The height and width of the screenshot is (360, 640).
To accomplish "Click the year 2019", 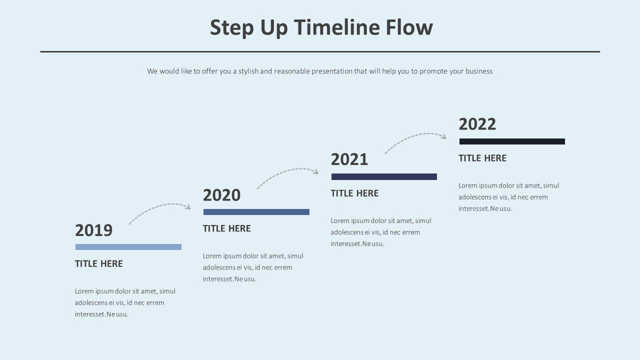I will [93, 230].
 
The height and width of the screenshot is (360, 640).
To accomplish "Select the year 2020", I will [221, 195].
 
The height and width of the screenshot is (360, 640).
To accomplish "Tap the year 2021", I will [349, 160].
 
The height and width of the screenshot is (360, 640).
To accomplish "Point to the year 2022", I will [477, 124].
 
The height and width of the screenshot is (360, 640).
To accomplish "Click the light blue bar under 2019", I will [128, 247].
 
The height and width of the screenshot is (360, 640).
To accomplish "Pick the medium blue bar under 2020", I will [256, 212].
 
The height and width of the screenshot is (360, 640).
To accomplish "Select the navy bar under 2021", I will [384, 176].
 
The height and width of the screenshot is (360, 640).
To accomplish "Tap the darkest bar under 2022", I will [512, 141].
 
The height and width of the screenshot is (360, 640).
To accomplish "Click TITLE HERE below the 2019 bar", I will [99, 264].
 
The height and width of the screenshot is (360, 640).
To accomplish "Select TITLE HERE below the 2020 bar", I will [227, 229].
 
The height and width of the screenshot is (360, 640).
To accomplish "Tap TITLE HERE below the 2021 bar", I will [354, 193].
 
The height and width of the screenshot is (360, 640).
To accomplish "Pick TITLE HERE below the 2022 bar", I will [482, 158].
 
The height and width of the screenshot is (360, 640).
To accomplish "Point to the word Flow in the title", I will [409, 27].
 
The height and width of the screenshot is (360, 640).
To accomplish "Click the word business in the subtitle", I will [479, 71].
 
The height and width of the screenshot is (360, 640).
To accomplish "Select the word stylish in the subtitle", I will [248, 71].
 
